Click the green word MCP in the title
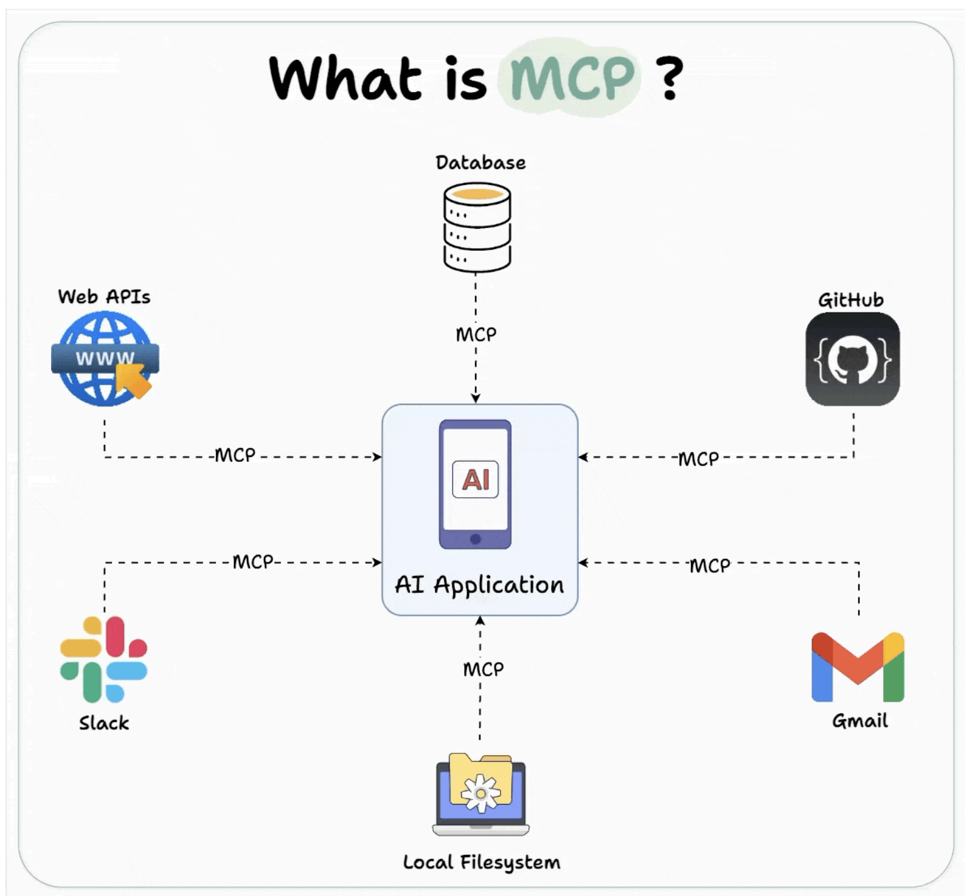pos(572,78)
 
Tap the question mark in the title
pos(670,78)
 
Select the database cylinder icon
pos(477,227)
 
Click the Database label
pos(481,163)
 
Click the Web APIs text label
pos(104,297)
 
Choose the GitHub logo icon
pos(852,359)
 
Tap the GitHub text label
pos(850,300)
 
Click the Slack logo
pos(104,659)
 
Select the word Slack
pos(104,723)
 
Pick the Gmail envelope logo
pos(858,667)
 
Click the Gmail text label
pos(860,720)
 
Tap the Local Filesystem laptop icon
pos(481,795)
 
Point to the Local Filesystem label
pos(481,862)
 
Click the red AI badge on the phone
pos(476,480)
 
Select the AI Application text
pos(479,585)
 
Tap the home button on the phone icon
pos(476,539)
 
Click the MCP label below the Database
pos(476,335)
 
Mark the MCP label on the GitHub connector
pos(699,459)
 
